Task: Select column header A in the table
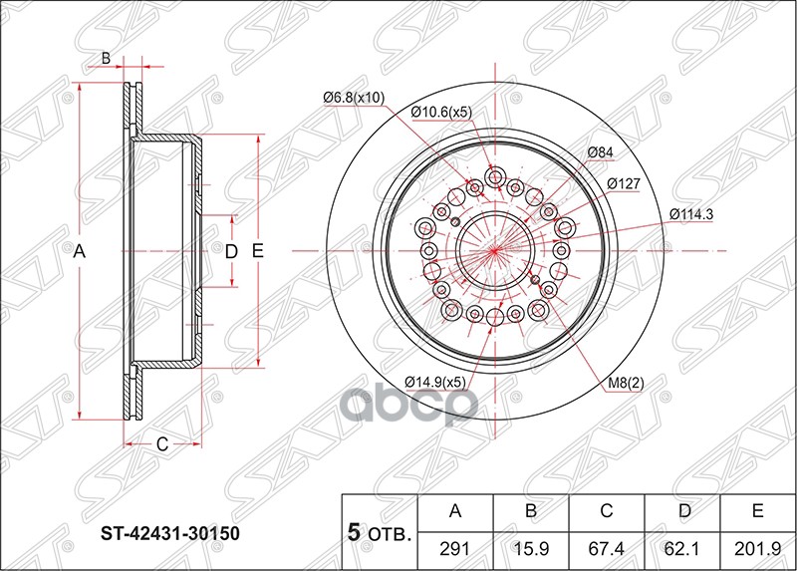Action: (455, 512)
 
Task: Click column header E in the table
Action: (757, 512)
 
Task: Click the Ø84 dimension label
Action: (600, 151)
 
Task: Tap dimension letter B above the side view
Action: (106, 59)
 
